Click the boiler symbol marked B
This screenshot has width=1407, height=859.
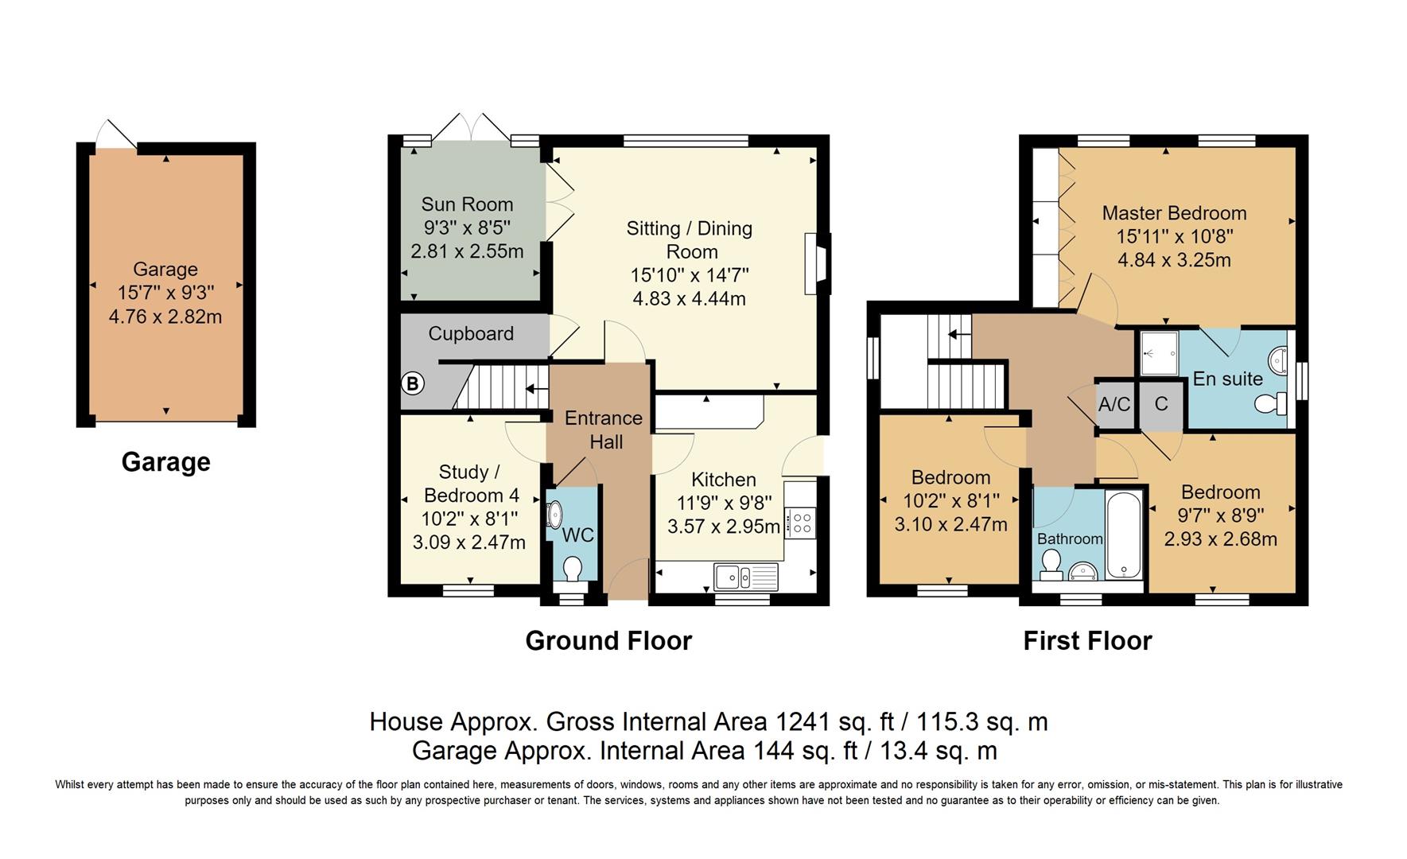(x=412, y=384)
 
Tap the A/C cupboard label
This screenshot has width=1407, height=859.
(x=1114, y=405)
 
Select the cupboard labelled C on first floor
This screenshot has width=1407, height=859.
(x=1161, y=405)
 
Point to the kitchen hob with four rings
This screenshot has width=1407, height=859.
(x=801, y=523)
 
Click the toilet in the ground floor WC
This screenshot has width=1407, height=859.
(x=571, y=570)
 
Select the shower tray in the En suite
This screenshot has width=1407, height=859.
(x=1158, y=352)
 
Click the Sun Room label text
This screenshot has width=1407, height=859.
(x=467, y=204)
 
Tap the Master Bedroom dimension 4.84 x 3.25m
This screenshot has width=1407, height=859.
(x=1174, y=260)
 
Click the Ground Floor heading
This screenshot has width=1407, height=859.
(x=608, y=641)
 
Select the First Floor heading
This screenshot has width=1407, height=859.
(x=1087, y=641)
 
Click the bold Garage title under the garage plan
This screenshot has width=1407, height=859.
(x=165, y=462)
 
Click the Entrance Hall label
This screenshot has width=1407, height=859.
(x=604, y=429)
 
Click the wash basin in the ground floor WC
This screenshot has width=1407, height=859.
(x=554, y=515)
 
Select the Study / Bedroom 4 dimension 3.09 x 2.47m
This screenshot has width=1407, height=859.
(x=468, y=542)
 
